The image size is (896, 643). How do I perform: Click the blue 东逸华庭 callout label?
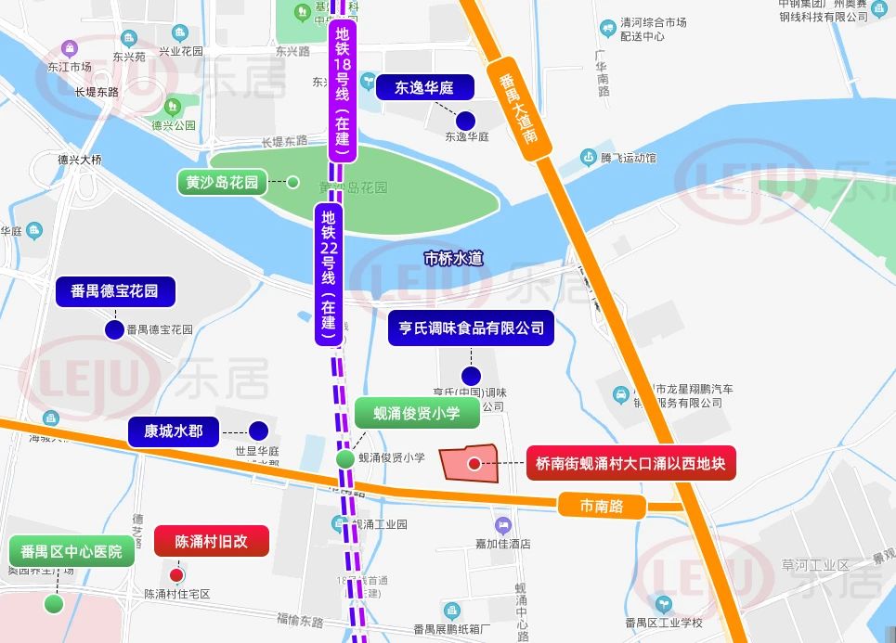tap(424, 88)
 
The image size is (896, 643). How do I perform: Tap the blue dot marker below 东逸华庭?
tap(465, 120)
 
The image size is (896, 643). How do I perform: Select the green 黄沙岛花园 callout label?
tap(222, 182)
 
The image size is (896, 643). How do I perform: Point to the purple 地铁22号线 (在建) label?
tap(329, 274)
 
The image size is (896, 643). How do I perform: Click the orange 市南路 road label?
tap(600, 507)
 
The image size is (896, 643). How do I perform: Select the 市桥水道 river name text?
tap(453, 259)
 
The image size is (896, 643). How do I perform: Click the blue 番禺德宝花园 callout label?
tap(114, 291)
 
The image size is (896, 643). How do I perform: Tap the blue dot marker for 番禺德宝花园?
tap(114, 329)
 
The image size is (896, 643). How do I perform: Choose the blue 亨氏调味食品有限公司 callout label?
tap(471, 328)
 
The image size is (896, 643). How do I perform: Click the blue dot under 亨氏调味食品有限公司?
tap(471, 376)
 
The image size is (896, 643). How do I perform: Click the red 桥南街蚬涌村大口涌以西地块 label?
tap(630, 463)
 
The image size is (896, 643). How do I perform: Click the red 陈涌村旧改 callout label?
tap(211, 541)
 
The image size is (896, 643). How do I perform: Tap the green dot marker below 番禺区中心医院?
tap(54, 604)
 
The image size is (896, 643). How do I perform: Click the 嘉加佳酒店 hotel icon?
tap(503, 525)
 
